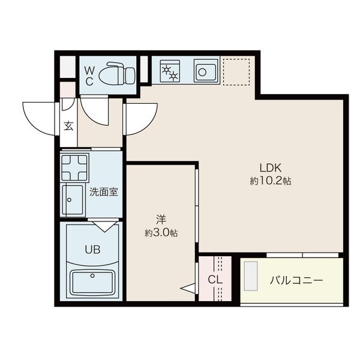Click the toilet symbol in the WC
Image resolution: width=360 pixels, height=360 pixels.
point(117,73)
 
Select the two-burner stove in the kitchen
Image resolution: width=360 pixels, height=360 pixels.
point(170,71)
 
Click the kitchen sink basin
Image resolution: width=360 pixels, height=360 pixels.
point(205,71)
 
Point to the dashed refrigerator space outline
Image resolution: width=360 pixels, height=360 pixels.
point(236,72)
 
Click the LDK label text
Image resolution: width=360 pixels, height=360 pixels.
point(271,168)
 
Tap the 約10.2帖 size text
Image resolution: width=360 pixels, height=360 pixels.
point(271,181)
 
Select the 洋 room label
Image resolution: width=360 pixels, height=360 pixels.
point(161,220)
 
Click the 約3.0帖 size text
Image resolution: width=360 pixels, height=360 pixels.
point(161,233)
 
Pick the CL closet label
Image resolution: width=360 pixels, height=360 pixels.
point(215,280)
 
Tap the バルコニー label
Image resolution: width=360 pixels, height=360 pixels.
point(296,280)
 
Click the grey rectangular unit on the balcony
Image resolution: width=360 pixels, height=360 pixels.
point(250,276)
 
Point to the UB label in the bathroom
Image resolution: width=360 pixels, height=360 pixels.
point(92,250)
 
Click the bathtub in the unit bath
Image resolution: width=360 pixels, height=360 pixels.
point(92,283)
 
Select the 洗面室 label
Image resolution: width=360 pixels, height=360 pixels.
point(104,192)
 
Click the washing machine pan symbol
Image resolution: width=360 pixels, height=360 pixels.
point(74,168)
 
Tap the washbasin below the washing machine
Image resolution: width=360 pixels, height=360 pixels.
point(73,200)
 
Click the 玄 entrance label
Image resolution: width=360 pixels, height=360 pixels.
point(68,126)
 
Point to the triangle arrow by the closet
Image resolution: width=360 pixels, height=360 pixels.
point(188,288)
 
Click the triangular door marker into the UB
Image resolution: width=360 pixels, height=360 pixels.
point(104,226)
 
